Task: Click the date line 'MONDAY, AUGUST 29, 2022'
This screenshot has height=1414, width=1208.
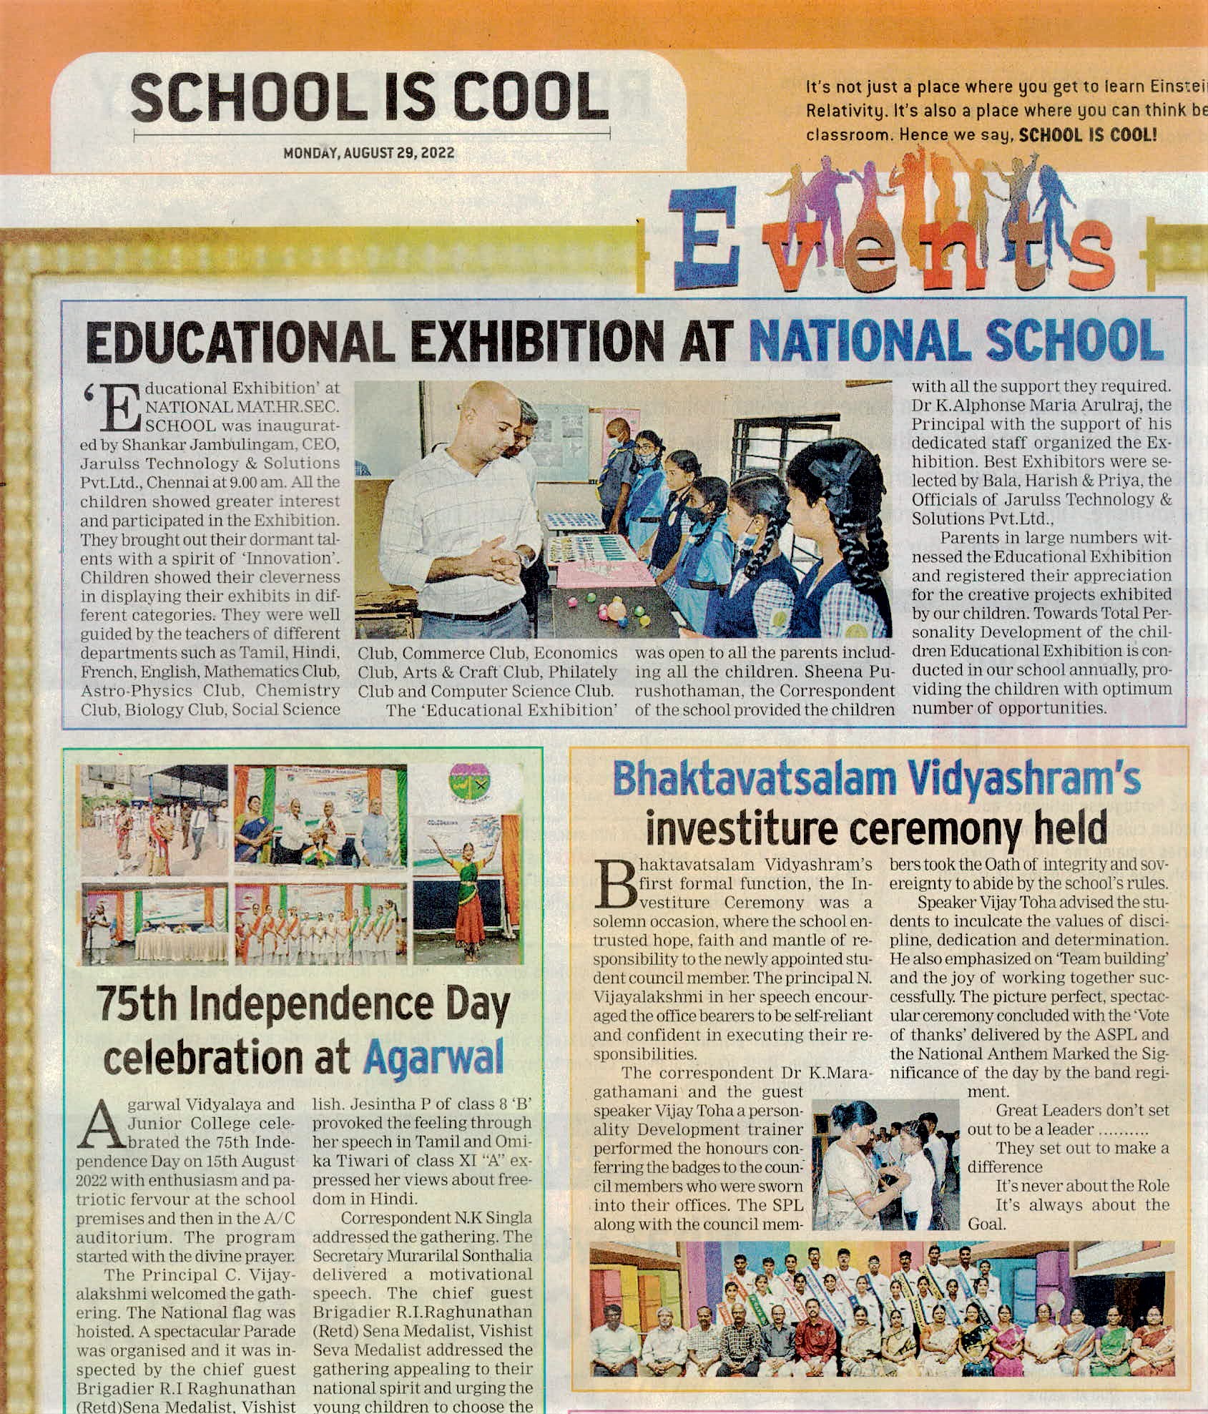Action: click(368, 153)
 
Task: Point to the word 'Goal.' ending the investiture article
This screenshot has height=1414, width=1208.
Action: click(987, 1224)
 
